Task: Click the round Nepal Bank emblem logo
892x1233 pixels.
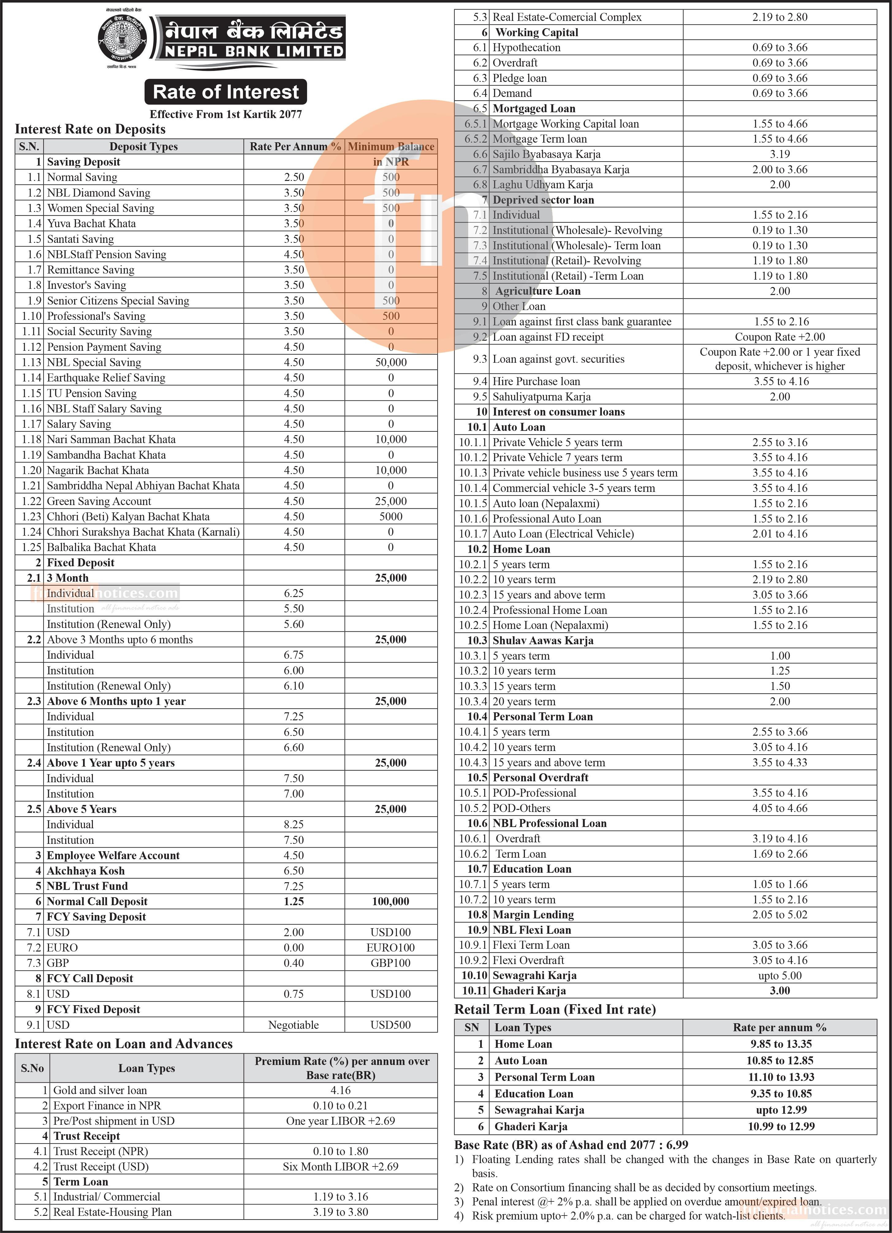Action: click(x=122, y=39)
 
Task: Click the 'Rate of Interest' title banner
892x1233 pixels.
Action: click(x=226, y=92)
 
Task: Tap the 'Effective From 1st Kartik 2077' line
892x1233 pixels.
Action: click(x=226, y=114)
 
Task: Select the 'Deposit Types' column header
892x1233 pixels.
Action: click(x=143, y=146)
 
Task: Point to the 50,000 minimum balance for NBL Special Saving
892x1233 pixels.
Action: click(x=391, y=362)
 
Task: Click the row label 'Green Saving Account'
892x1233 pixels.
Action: click(x=99, y=501)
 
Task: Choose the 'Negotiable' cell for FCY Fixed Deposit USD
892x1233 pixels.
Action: click(x=293, y=1025)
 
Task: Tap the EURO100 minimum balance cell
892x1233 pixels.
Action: click(x=391, y=948)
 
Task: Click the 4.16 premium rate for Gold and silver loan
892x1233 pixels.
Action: click(x=341, y=1090)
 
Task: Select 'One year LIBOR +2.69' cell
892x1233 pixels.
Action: click(x=341, y=1120)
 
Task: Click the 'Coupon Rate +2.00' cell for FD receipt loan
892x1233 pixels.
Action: click(x=780, y=337)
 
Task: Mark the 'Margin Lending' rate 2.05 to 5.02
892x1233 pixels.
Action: click(x=780, y=914)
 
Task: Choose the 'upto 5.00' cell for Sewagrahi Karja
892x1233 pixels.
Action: click(x=780, y=975)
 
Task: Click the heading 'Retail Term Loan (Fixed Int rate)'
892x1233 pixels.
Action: click(x=555, y=1009)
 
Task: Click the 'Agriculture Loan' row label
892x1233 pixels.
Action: click(x=537, y=291)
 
